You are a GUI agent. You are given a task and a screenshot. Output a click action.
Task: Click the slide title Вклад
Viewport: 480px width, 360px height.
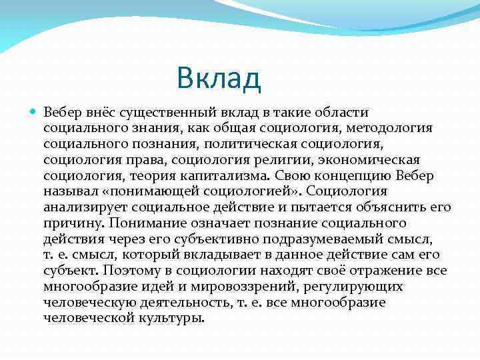pos(219,79)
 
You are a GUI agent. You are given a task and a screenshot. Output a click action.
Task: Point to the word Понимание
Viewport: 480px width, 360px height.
pos(145,223)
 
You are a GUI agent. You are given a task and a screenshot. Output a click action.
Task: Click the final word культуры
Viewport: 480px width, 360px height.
pos(175,318)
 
